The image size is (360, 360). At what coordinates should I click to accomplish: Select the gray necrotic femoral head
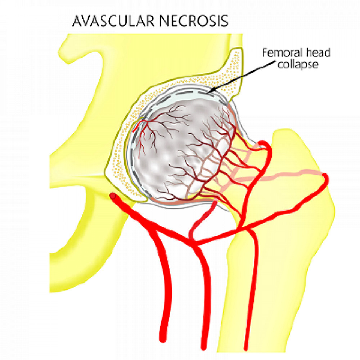[x=173, y=151]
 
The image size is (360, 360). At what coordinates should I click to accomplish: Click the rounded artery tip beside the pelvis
[x=113, y=196]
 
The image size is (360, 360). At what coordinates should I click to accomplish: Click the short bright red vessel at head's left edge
[x=136, y=126]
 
